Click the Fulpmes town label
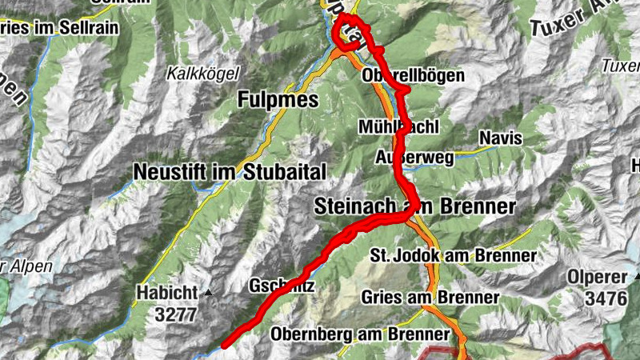(x=278, y=100)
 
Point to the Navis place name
(x=501, y=138)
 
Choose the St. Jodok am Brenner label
(x=453, y=255)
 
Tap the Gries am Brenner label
(x=430, y=297)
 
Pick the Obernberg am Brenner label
(x=360, y=333)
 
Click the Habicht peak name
(x=165, y=291)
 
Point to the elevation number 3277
(x=175, y=314)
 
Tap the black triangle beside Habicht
(x=209, y=293)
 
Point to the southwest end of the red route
(x=225, y=345)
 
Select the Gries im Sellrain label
(x=58, y=27)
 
